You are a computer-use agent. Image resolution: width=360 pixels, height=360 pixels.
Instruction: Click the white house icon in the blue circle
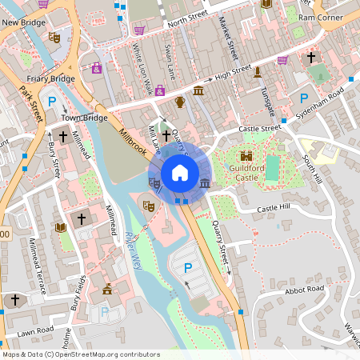(180, 172)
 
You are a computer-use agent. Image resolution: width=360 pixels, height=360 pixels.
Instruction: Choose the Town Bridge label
(84, 118)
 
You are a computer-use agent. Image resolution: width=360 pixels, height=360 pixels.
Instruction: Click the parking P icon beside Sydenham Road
(304, 98)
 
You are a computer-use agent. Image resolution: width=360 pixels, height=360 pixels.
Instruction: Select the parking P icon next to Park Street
(52, 102)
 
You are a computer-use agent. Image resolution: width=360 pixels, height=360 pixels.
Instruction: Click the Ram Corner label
(320, 16)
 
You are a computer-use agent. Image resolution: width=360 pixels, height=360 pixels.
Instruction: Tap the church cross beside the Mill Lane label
(166, 137)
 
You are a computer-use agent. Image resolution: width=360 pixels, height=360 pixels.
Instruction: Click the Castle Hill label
(274, 209)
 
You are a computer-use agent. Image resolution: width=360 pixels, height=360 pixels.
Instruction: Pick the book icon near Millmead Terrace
(60, 228)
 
